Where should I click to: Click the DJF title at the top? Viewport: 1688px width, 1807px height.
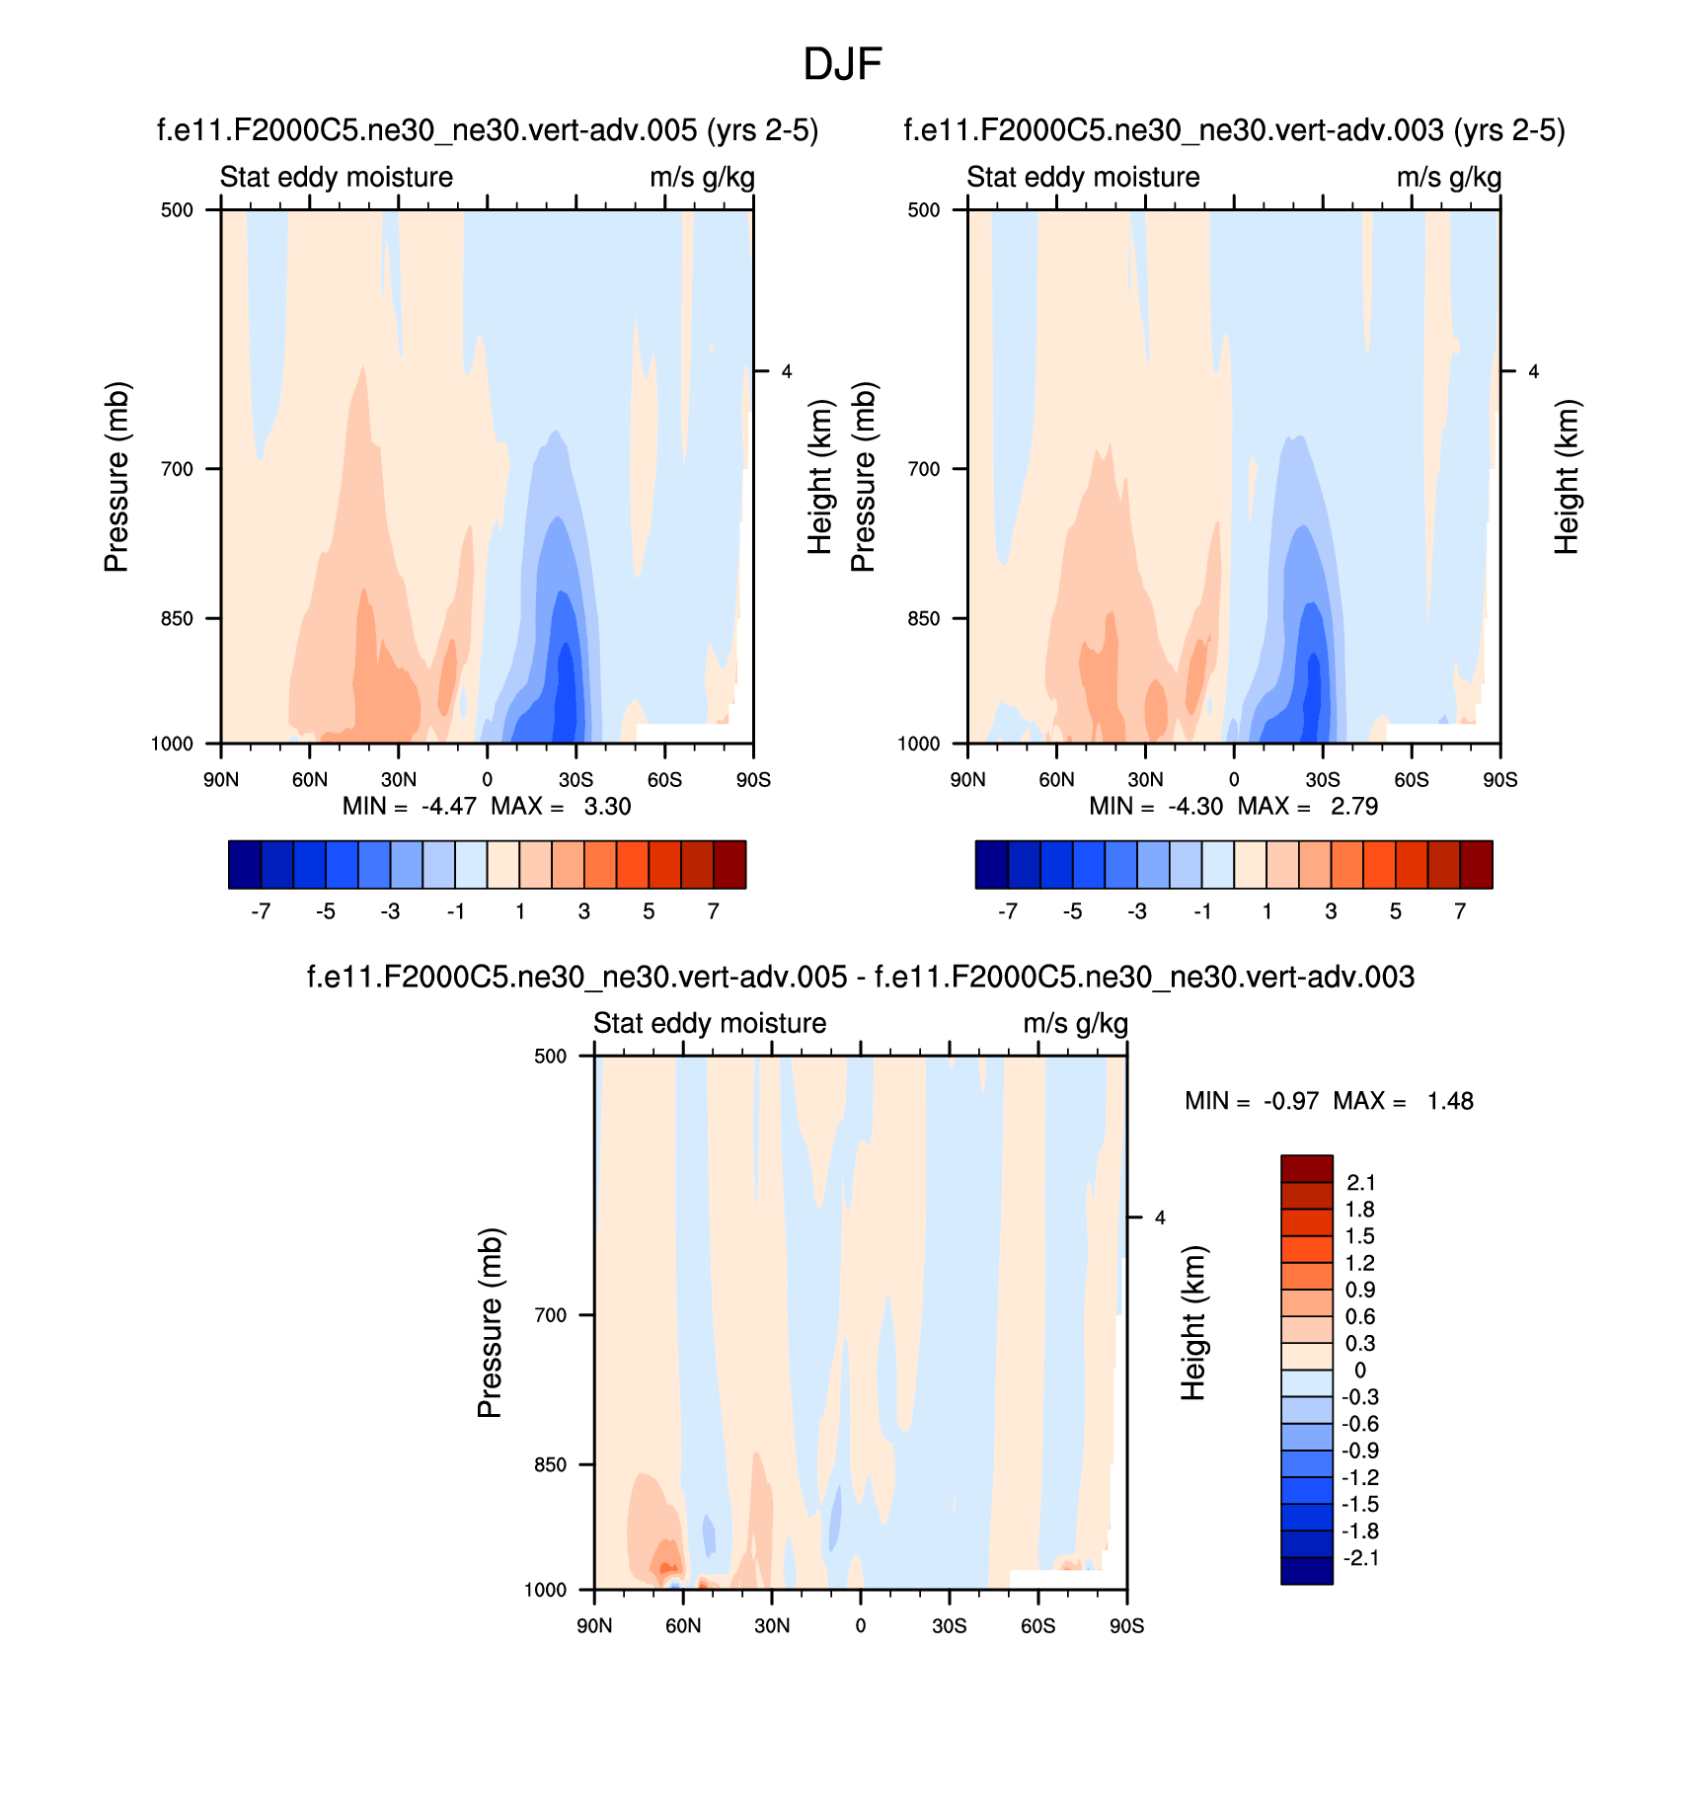pyautogui.click(x=842, y=65)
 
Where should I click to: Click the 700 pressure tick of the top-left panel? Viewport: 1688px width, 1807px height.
pyautogui.click(x=177, y=469)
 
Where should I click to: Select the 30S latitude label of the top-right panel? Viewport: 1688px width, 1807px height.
pyautogui.click(x=1323, y=780)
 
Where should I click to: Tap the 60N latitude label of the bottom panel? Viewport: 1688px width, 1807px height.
pyautogui.click(x=683, y=1626)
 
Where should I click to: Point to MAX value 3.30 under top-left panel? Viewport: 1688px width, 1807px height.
pyautogui.click(x=607, y=807)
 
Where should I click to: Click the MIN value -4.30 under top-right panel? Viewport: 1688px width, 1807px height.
pyautogui.click(x=1194, y=807)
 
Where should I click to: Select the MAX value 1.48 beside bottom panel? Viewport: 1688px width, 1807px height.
pyautogui.click(x=1449, y=1101)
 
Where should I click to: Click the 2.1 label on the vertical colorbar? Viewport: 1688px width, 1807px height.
pyautogui.click(x=1360, y=1183)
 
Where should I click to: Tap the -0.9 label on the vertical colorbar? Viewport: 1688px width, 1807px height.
pyautogui.click(x=1360, y=1451)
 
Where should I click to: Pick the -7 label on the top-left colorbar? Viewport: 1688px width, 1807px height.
pyautogui.click(x=261, y=911)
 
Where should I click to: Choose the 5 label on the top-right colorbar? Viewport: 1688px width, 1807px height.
pyautogui.click(x=1396, y=911)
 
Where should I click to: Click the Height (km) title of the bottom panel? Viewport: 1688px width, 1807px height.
pyautogui.click(x=1194, y=1323)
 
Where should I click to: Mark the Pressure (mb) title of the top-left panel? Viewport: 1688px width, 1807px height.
pyautogui.click(x=116, y=477)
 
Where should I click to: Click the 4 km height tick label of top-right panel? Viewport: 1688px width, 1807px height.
pyautogui.click(x=1533, y=372)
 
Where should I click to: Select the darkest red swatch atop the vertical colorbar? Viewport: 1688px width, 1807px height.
pyautogui.click(x=1307, y=1168)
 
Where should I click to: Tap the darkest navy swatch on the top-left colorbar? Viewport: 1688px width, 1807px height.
pyautogui.click(x=245, y=865)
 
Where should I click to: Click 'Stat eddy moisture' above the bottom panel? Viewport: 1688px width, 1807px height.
pyautogui.click(x=710, y=1024)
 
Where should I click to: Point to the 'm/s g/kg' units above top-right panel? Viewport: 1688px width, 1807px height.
pyautogui.click(x=1449, y=178)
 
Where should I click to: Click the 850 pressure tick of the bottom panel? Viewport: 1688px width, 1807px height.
pyautogui.click(x=550, y=1465)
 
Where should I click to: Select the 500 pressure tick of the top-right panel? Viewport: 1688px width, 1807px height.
pyautogui.click(x=924, y=209)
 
